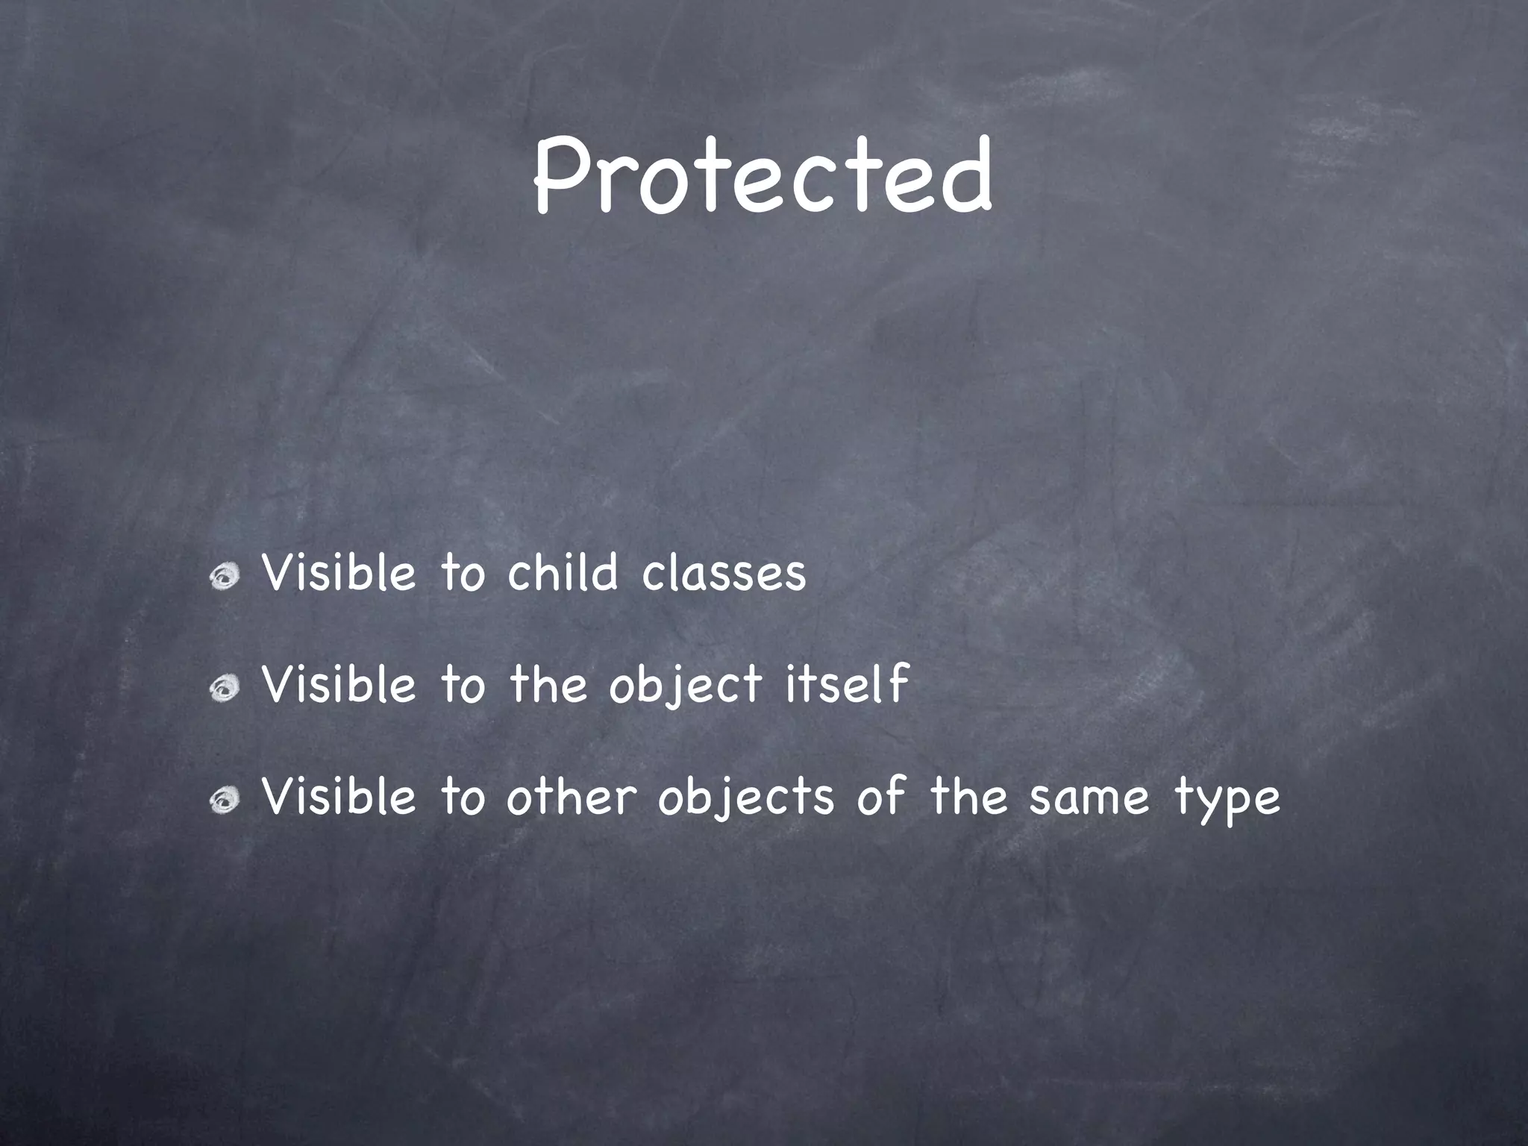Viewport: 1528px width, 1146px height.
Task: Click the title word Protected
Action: tap(763, 176)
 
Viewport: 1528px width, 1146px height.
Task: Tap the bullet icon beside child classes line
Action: tap(223, 576)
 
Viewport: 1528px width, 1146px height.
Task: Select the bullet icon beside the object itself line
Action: tap(223, 688)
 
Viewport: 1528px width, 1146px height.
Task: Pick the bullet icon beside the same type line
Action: tap(223, 801)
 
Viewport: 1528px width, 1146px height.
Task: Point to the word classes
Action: tap(724, 574)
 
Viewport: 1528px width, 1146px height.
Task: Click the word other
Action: tap(571, 797)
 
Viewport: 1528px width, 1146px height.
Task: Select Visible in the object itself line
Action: tap(339, 685)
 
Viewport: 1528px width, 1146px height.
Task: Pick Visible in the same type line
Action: tap(339, 797)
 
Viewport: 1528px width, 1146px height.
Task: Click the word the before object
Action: tap(548, 685)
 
